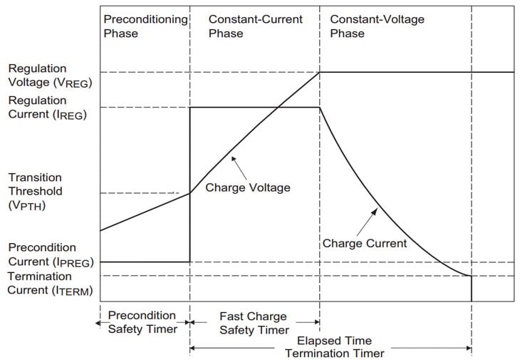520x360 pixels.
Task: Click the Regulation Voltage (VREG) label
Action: pos(50,75)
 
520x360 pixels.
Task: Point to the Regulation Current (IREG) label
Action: pos(47,107)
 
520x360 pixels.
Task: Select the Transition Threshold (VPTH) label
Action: pos(36,191)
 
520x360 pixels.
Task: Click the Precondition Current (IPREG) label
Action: pos(51,254)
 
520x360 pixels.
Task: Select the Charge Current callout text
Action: pos(365,243)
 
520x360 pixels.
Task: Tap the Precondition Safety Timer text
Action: pos(141,322)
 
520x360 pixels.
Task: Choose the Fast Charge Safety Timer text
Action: pos(254,323)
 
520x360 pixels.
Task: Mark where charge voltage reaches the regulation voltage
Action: pos(319,72)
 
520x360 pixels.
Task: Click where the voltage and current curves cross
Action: pos(276,108)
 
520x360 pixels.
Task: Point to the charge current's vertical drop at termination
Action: pos(472,288)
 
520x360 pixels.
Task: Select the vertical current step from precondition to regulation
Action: pos(189,185)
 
